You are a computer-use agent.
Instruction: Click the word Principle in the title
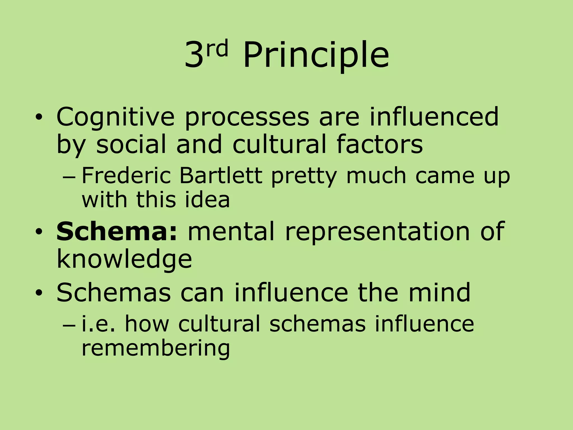click(316, 55)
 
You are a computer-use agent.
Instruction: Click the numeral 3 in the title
click(194, 55)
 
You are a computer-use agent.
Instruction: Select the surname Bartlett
click(220, 176)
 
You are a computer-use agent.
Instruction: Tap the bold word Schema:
click(117, 231)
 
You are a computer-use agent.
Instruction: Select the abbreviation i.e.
click(98, 324)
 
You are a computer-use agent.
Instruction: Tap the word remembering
click(156, 349)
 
